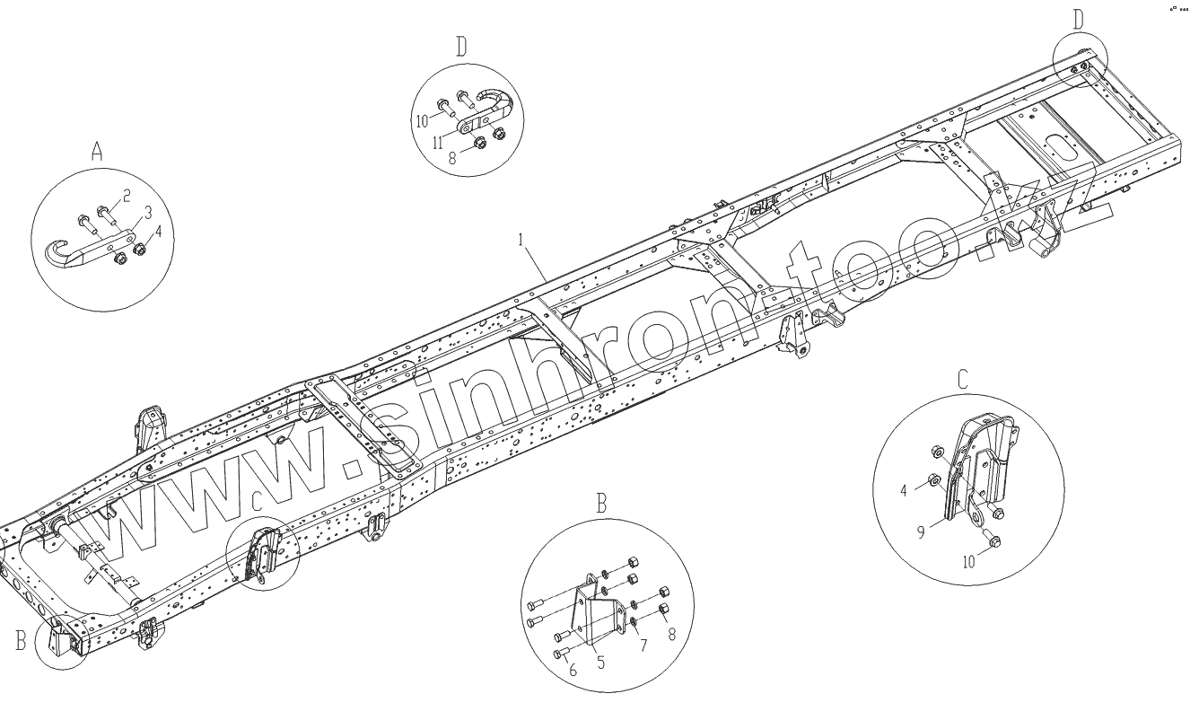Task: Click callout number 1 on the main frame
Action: click(521, 241)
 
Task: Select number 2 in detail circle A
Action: click(127, 195)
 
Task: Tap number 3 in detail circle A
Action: click(148, 211)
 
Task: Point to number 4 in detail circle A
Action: click(159, 231)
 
